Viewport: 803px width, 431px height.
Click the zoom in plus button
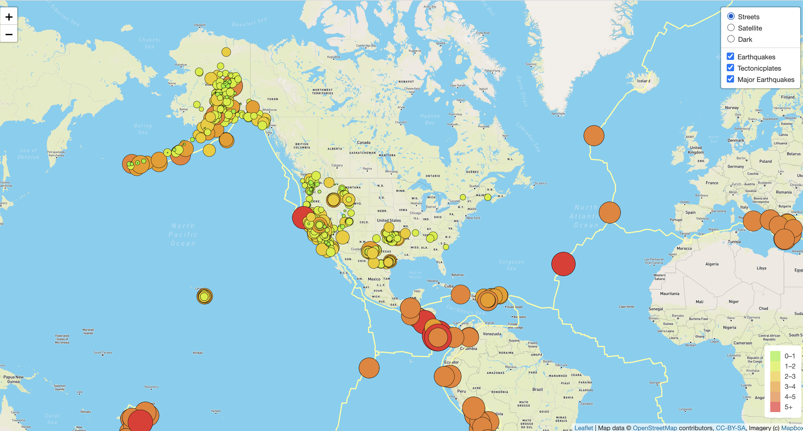click(9, 17)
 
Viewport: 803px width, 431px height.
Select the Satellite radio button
click(731, 28)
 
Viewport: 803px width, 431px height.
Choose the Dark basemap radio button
click(731, 39)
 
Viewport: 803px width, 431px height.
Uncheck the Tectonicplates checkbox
click(730, 68)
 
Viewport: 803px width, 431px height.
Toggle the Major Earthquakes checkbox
click(730, 79)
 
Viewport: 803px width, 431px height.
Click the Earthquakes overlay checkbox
click(730, 57)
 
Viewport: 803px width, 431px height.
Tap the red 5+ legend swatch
click(775, 407)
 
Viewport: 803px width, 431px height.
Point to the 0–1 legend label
click(790, 356)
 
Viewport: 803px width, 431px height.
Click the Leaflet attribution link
click(583, 428)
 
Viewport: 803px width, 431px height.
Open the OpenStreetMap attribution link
click(655, 428)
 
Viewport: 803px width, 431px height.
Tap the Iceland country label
click(643, 81)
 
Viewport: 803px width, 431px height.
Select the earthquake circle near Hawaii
click(204, 296)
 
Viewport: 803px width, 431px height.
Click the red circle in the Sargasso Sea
click(563, 264)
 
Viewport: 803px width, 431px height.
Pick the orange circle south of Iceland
click(593, 136)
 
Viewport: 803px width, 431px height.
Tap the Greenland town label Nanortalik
click(558, 114)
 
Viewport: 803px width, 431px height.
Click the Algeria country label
click(712, 264)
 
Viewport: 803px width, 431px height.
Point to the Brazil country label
click(537, 389)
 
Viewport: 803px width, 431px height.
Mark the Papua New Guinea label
click(13, 379)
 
